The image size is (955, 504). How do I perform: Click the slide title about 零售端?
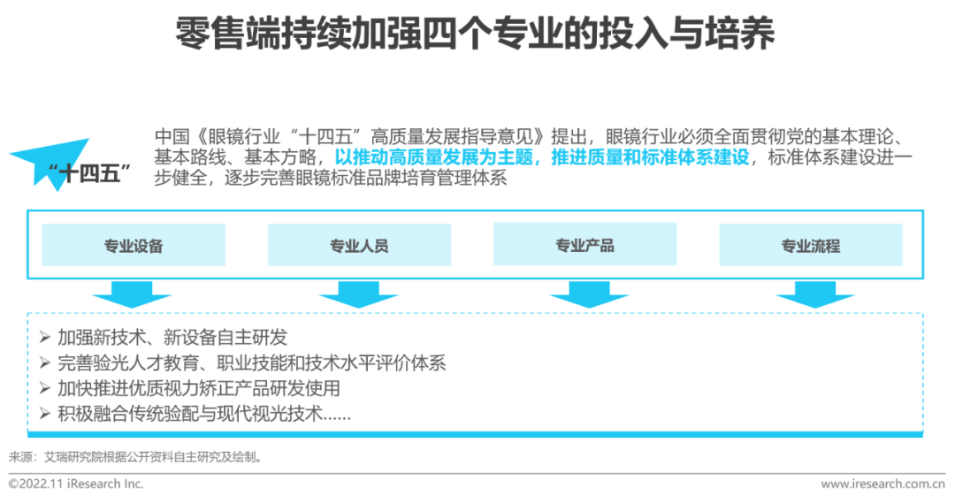click(475, 33)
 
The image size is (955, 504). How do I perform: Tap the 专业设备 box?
click(134, 245)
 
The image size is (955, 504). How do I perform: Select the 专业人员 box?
click(359, 245)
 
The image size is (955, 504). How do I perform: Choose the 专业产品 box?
click(584, 244)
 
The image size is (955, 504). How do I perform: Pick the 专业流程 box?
click(811, 245)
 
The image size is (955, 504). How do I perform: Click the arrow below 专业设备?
click(132, 294)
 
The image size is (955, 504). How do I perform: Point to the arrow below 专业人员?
click(358, 294)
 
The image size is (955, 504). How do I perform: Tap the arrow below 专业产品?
click(589, 294)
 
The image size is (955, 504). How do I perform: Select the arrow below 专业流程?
click(815, 294)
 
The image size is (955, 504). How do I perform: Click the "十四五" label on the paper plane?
click(89, 173)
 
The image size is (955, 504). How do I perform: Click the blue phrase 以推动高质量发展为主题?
click(433, 157)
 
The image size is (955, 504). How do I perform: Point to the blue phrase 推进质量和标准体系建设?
click(650, 157)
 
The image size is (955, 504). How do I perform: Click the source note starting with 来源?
click(136, 456)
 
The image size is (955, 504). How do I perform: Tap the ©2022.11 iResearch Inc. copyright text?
click(76, 484)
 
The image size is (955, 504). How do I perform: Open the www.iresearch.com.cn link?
click(883, 485)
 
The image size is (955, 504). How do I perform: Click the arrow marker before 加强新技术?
click(44, 337)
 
